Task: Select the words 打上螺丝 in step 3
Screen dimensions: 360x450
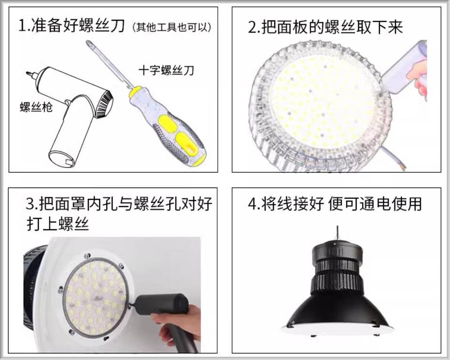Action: pyautogui.click(x=58, y=224)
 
